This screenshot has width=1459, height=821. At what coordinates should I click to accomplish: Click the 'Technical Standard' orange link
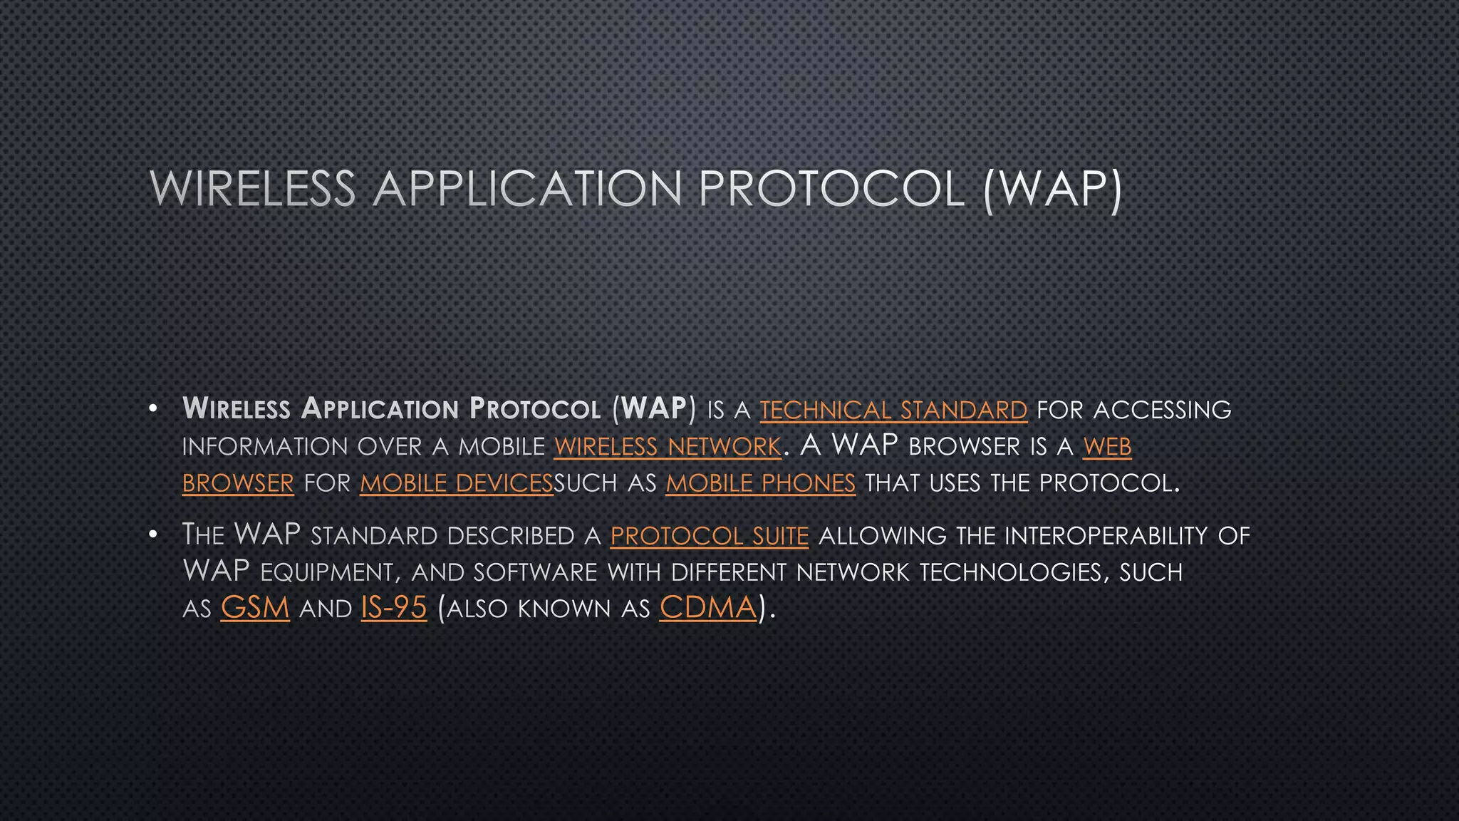point(893,410)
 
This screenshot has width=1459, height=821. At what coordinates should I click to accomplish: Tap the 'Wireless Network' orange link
point(668,447)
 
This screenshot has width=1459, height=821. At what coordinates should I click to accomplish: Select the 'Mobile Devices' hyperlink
point(456,484)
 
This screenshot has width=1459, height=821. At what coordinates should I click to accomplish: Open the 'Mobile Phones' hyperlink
point(760,484)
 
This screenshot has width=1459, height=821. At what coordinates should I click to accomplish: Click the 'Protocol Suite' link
point(710,536)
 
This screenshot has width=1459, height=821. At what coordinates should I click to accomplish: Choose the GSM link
point(255,608)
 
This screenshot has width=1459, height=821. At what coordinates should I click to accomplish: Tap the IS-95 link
point(394,608)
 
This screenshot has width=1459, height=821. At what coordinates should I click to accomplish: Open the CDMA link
point(708,608)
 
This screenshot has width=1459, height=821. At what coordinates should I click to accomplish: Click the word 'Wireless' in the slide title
point(253,190)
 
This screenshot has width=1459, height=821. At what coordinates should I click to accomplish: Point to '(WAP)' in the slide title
point(1052,190)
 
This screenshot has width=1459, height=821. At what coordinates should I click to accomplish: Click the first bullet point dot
point(152,410)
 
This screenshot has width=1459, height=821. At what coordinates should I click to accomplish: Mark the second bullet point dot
point(152,535)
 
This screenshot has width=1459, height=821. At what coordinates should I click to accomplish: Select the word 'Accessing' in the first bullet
point(1162,410)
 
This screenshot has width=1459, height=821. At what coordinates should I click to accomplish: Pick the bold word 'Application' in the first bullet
point(380,409)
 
